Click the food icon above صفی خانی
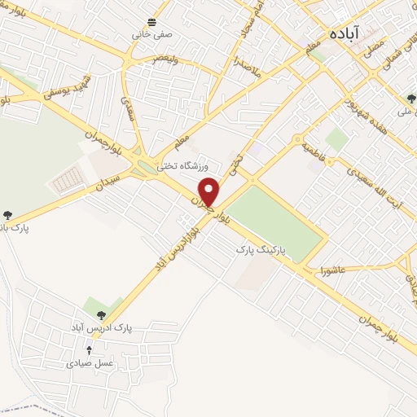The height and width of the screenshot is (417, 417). pos(151,22)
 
